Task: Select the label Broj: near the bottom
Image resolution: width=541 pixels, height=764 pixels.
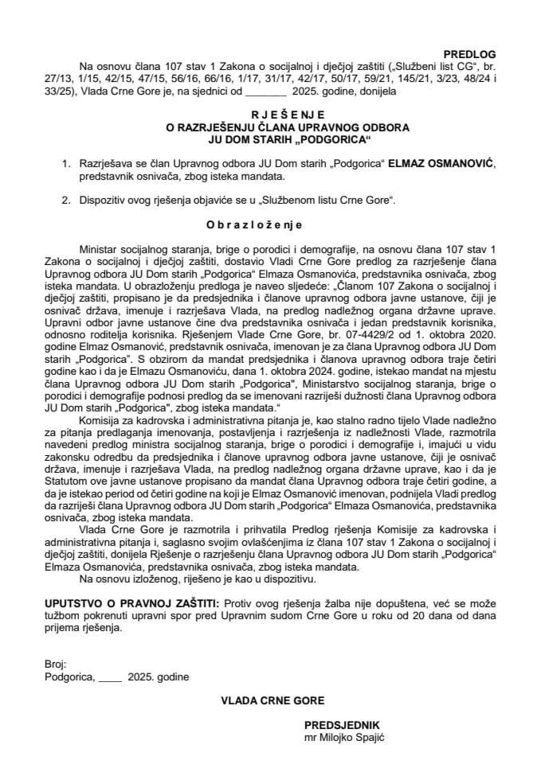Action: click(57, 665)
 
